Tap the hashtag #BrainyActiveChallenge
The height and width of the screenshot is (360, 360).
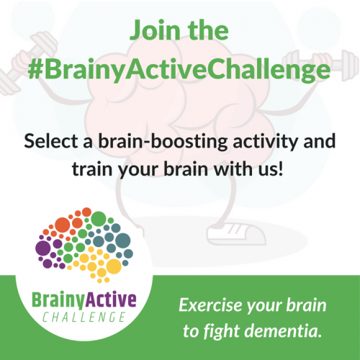coord(180,70)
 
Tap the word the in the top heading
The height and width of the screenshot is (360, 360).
coord(207,31)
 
